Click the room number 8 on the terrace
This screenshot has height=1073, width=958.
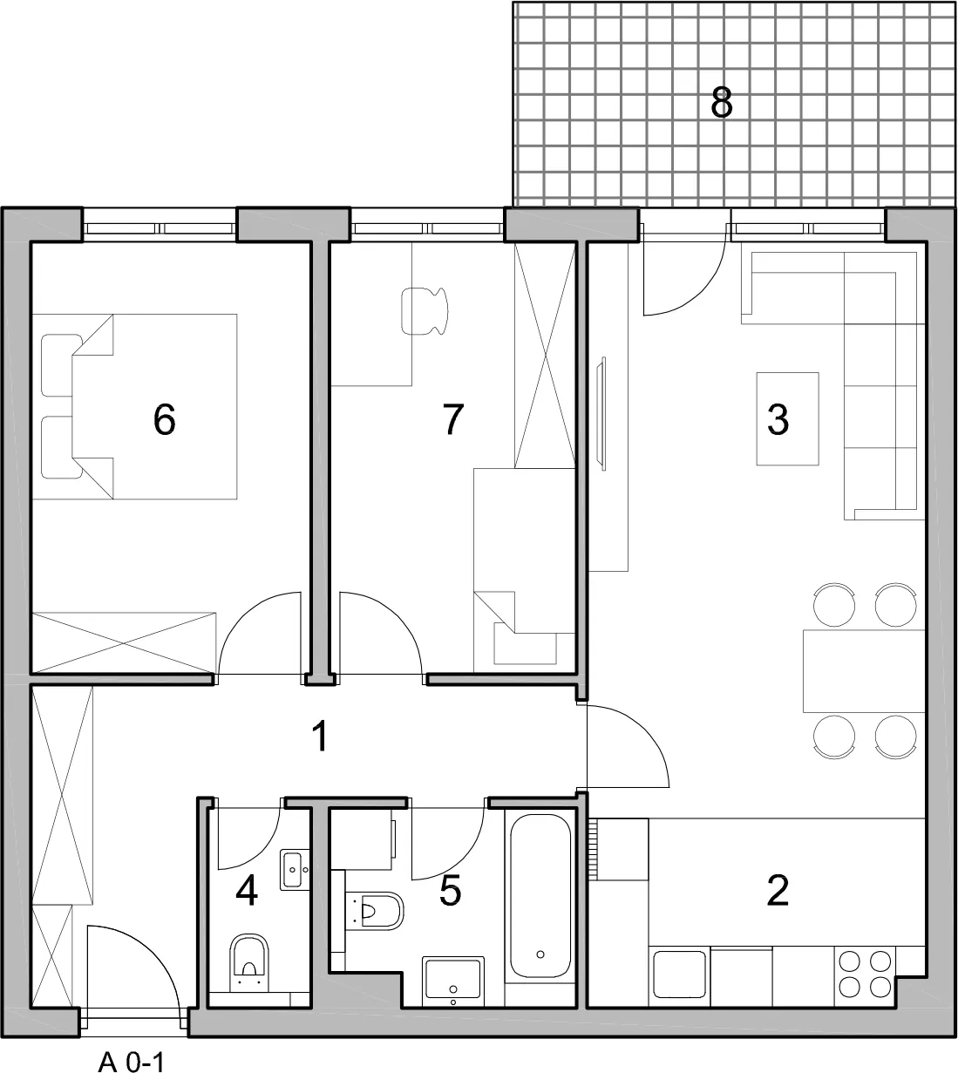click(721, 102)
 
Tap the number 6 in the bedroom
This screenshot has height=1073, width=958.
click(164, 419)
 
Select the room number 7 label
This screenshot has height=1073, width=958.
click(452, 419)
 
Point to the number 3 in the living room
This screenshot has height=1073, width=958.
click(778, 419)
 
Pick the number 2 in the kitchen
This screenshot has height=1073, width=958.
click(778, 890)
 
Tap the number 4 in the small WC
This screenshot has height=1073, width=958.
click(247, 890)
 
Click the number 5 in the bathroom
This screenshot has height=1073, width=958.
click(451, 890)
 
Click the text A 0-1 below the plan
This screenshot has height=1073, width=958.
click(132, 1047)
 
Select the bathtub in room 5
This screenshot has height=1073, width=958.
click(540, 895)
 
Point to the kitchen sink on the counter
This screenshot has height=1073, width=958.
click(679, 975)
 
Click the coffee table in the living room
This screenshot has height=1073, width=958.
click(787, 418)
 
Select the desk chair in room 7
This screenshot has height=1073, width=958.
click(425, 311)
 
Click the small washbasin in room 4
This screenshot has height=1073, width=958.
click(295, 870)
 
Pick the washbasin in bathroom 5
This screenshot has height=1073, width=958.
click(452, 981)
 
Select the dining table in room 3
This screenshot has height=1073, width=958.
click(864, 671)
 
